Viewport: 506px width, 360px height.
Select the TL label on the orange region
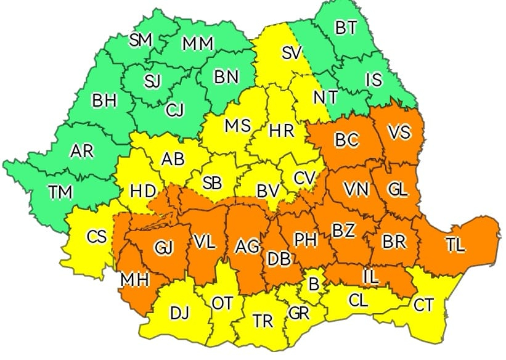tap(455, 245)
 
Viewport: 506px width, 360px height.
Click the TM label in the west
tap(60, 192)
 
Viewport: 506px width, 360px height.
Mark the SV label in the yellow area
tap(291, 53)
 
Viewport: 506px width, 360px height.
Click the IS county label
tap(373, 80)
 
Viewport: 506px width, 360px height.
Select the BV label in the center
tap(268, 191)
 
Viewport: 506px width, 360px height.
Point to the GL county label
tap(398, 189)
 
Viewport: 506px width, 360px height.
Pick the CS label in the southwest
tap(97, 236)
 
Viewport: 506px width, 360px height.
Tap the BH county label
tap(104, 100)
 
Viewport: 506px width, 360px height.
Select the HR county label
tap(282, 131)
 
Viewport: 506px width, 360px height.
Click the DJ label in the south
tap(179, 313)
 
